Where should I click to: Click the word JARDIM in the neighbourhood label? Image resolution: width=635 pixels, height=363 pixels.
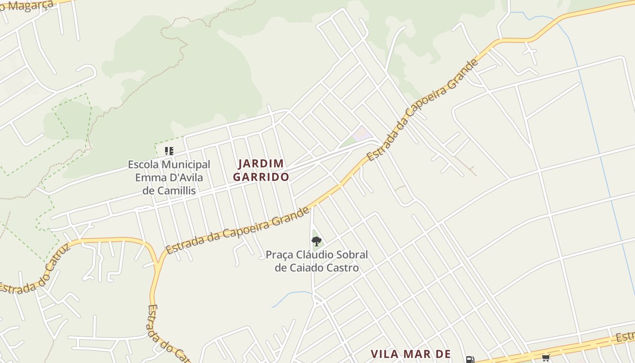(x=261, y=163)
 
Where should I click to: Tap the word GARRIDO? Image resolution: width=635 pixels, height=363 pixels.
(x=261, y=177)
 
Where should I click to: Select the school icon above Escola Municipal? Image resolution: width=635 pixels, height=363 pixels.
(x=169, y=151)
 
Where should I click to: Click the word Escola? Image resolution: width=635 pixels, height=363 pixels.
(x=142, y=165)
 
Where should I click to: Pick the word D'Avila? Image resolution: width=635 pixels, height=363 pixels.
(x=186, y=177)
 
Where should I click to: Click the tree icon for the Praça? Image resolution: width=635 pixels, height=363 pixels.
(x=317, y=241)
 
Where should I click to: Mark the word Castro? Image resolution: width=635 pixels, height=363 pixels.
(x=343, y=268)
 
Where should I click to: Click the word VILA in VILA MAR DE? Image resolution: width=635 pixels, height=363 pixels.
(x=386, y=354)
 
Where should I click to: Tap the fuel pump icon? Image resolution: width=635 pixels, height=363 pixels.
(x=470, y=360)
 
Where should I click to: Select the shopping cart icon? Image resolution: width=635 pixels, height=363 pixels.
(x=546, y=358)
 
